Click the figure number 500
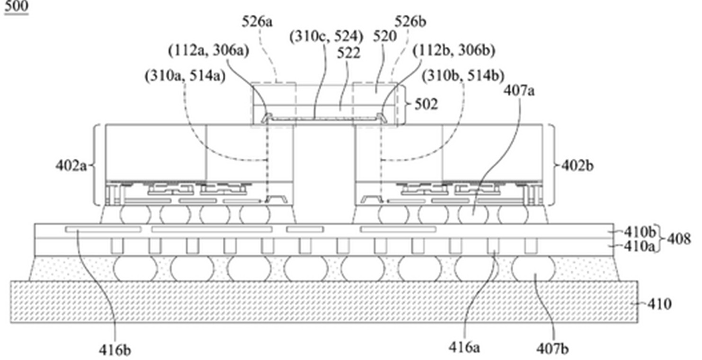(x=17, y=6)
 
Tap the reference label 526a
(x=257, y=22)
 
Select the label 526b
(x=410, y=22)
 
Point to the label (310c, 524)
(x=326, y=37)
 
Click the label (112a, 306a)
(x=209, y=51)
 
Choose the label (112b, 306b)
(x=454, y=51)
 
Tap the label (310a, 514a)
(x=185, y=76)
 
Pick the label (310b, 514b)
(x=463, y=76)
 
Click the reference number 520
(x=385, y=37)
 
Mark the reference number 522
(x=349, y=54)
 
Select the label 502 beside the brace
(x=426, y=104)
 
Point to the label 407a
(x=519, y=91)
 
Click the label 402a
(x=71, y=166)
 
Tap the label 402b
(x=578, y=166)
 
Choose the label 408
(x=679, y=239)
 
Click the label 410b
(x=640, y=232)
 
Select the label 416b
(x=115, y=350)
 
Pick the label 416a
(x=464, y=348)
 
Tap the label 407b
(x=552, y=349)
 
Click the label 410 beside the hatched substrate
(x=659, y=304)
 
